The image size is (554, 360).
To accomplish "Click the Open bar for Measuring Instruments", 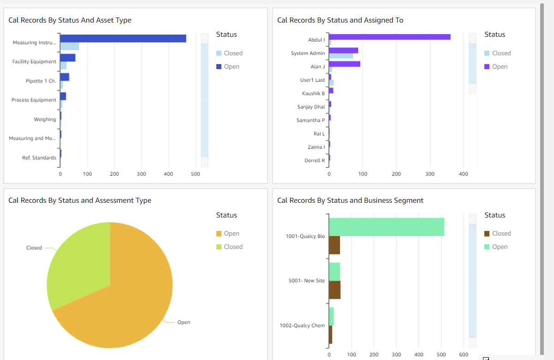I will click(x=123, y=39).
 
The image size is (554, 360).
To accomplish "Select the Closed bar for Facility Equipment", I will click(x=63, y=65).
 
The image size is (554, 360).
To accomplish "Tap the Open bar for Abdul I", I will click(x=389, y=37).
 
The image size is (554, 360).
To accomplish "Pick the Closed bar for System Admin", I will click(x=341, y=56).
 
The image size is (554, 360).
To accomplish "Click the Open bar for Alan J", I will click(x=345, y=64).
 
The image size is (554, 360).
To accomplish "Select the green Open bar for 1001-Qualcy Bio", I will click(x=386, y=227).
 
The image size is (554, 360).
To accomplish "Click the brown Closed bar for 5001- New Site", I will click(x=334, y=290).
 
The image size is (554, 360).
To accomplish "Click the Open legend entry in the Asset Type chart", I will click(x=231, y=67).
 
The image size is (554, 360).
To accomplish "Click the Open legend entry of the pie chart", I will click(x=231, y=234).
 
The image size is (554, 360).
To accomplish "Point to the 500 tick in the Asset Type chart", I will click(x=196, y=174).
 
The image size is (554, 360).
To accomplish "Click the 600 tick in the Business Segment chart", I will click(x=464, y=355).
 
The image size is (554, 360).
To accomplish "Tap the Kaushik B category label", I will click(x=313, y=94).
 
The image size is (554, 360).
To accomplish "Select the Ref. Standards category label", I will click(x=39, y=158).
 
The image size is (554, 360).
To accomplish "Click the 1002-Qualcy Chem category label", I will click(x=302, y=325).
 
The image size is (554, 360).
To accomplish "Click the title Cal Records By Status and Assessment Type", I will click(x=80, y=201).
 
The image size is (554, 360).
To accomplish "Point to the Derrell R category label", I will click(x=315, y=161).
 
